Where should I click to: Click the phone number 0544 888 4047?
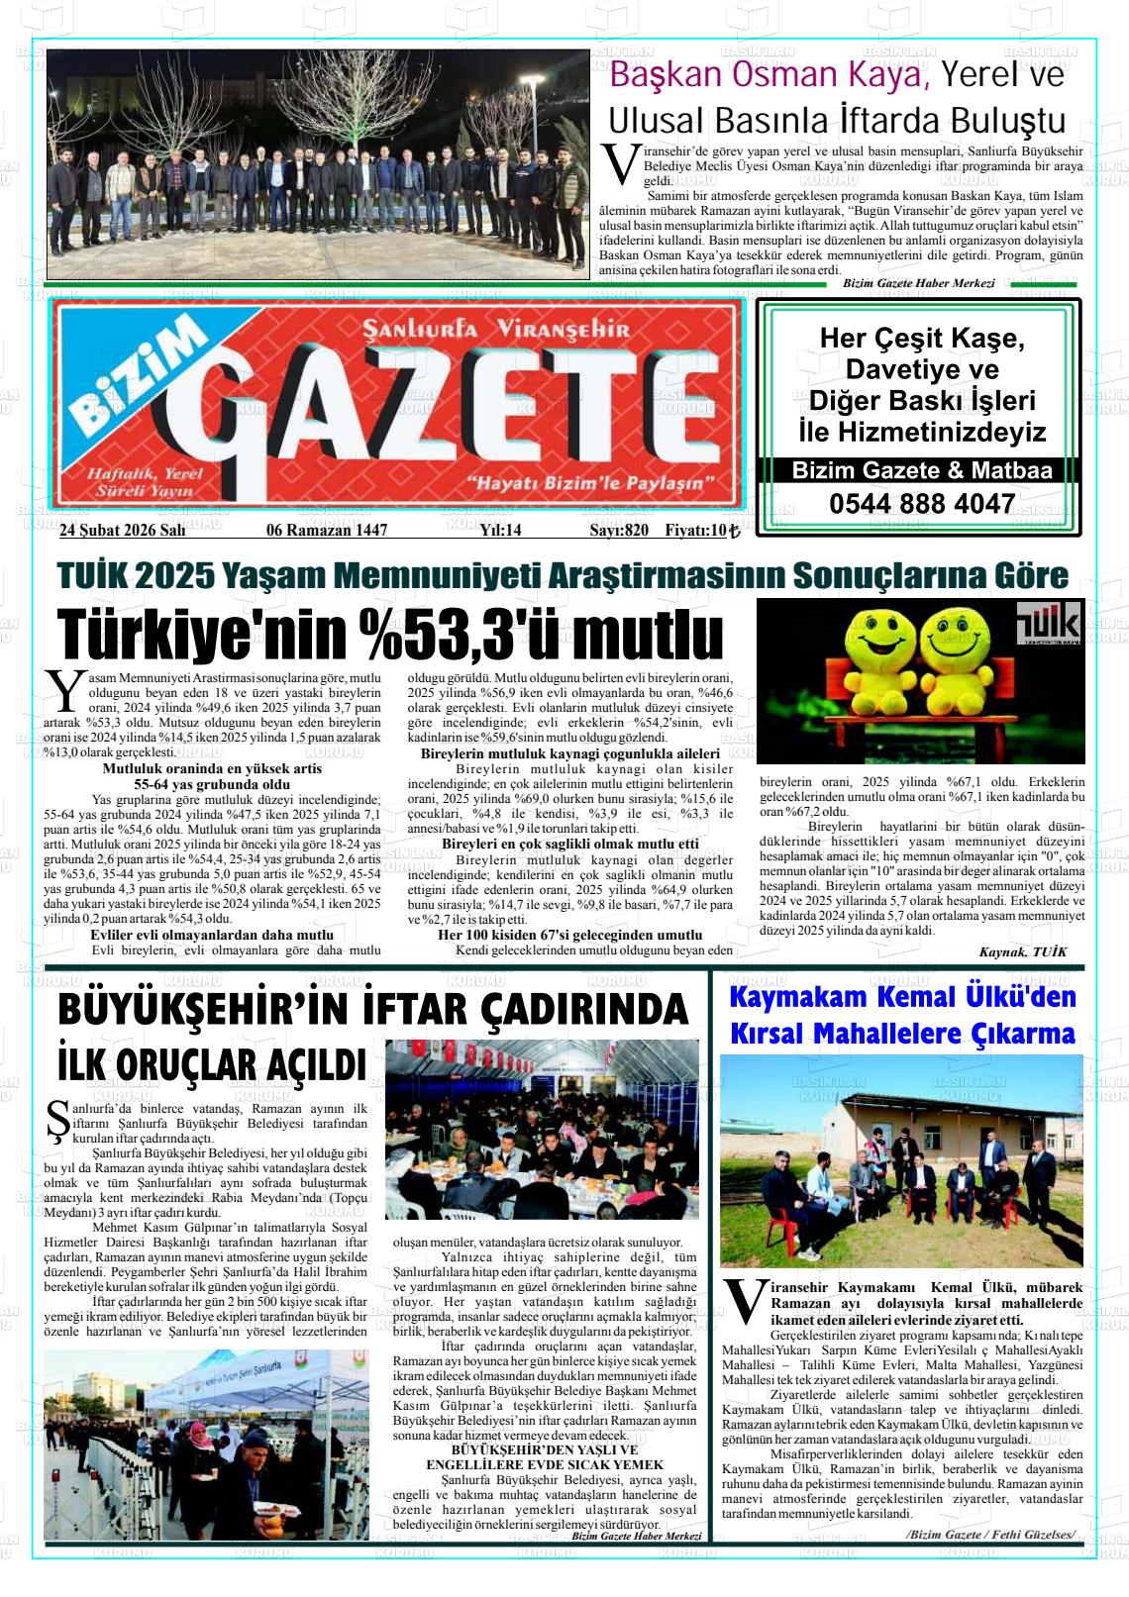(921, 504)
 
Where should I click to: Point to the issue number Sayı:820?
(619, 530)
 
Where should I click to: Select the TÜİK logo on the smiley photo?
(1049, 624)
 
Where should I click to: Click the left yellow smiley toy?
(876, 657)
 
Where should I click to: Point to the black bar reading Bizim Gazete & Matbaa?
(921, 470)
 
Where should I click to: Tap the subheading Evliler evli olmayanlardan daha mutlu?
(212, 935)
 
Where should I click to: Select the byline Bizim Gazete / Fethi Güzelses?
(990, 1534)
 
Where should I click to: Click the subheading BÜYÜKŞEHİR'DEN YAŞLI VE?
(545, 1449)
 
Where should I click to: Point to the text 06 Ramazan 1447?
(327, 530)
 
